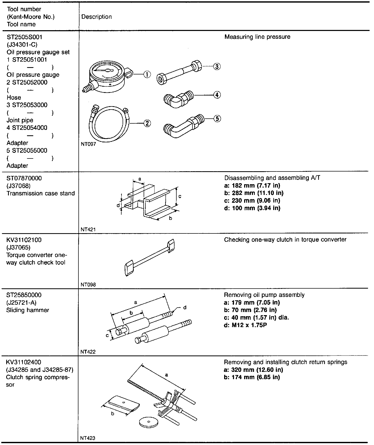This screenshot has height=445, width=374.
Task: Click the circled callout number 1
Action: pyautogui.click(x=147, y=75)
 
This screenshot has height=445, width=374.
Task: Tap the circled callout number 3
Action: pyautogui.click(x=217, y=66)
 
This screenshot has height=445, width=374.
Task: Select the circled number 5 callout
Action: pyautogui.click(x=217, y=119)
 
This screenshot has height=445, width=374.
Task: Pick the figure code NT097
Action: pyautogui.click(x=88, y=144)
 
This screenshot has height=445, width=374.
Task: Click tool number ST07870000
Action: pyautogui.click(x=24, y=178)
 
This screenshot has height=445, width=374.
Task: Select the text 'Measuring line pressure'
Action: pyautogui.click(x=257, y=37)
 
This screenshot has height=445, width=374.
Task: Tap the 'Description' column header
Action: pyautogui.click(x=96, y=17)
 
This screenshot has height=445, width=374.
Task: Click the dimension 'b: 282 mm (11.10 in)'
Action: pyautogui.click(x=253, y=193)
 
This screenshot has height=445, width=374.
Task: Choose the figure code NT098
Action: pyautogui.click(x=88, y=284)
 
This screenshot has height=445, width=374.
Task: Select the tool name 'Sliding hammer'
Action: pyautogui.click(x=28, y=310)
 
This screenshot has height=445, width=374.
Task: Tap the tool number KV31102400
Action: pyautogui.click(x=24, y=362)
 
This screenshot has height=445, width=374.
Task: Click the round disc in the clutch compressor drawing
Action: pyautogui.click(x=148, y=422)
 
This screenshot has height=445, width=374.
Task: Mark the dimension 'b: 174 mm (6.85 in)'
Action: pyautogui.click(x=252, y=377)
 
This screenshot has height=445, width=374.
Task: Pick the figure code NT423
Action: pyautogui.click(x=88, y=438)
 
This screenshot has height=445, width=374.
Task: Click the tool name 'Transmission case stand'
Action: pyautogui.click(x=41, y=193)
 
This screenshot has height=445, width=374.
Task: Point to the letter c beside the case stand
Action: pyautogui.click(x=180, y=196)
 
